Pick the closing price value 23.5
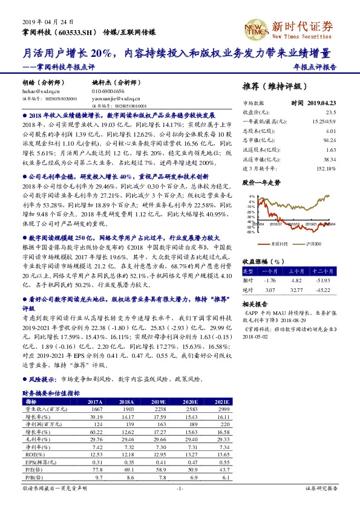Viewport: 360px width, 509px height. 331,112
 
